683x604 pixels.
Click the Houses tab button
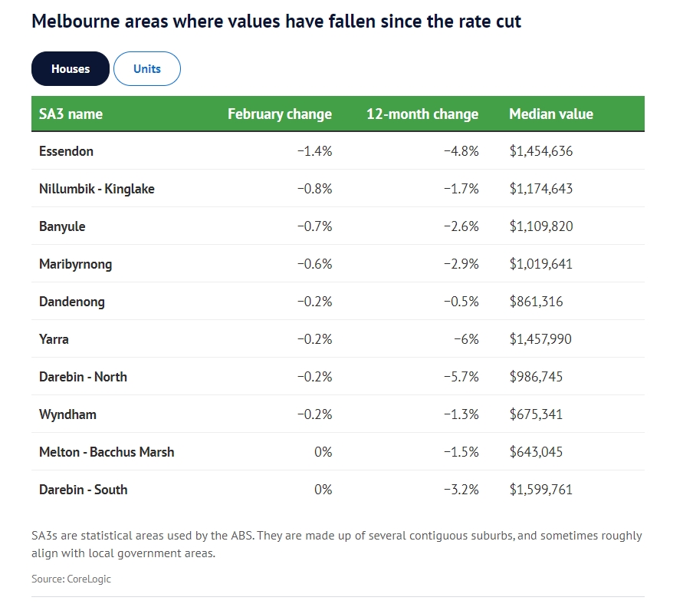click(x=71, y=69)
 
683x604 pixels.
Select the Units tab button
click(x=147, y=69)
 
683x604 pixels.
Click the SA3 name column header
click(x=71, y=114)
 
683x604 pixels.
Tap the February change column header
click(x=280, y=114)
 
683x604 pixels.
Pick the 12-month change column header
click(x=422, y=114)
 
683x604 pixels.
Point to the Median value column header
click(x=551, y=114)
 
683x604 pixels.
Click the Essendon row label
click(x=66, y=151)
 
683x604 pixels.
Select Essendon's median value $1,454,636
click(x=541, y=151)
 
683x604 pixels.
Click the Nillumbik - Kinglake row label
click(x=97, y=189)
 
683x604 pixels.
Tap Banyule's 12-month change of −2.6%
click(x=461, y=226)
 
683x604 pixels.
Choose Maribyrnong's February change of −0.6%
click(x=315, y=264)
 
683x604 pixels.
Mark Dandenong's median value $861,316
click(x=536, y=302)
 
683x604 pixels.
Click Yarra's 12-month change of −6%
click(x=467, y=339)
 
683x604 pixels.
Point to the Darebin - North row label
click(x=83, y=377)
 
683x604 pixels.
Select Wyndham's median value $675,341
click(x=536, y=414)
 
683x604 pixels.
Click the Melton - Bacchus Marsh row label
click(x=107, y=452)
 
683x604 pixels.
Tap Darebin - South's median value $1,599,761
click(x=541, y=490)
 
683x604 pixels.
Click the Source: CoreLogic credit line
click(x=71, y=579)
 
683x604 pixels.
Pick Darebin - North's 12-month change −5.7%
click(x=461, y=377)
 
